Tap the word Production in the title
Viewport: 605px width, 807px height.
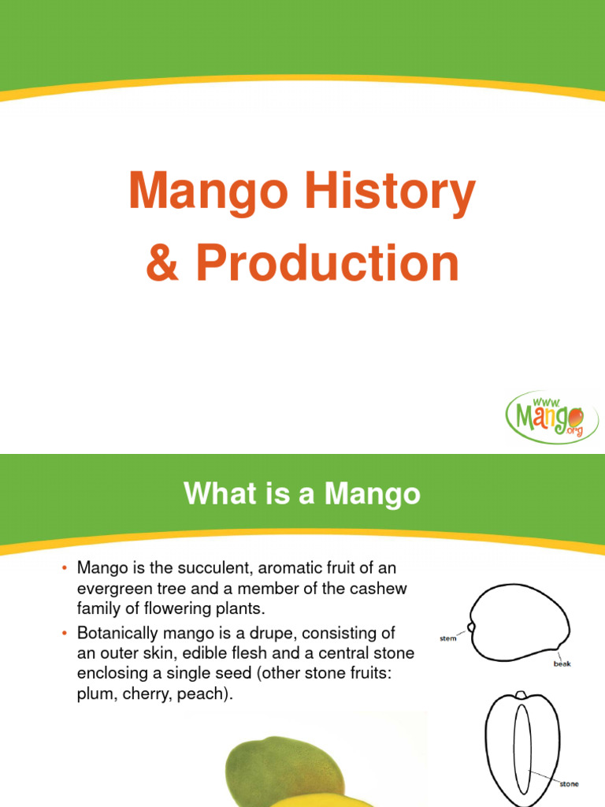[325, 264]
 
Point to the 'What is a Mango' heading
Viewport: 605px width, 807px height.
[302, 495]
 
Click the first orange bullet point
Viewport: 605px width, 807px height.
[65, 568]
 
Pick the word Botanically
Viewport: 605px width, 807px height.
[117, 634]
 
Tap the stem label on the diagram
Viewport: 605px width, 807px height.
[447, 638]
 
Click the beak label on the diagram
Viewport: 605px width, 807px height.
[562, 664]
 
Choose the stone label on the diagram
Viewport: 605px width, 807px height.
[568, 784]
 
